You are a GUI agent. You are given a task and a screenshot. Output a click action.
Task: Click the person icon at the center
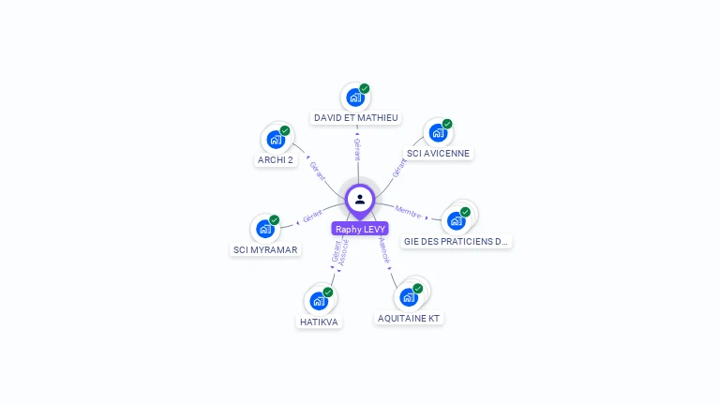tap(360, 199)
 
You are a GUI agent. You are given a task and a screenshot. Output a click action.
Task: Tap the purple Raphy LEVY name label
tap(360, 229)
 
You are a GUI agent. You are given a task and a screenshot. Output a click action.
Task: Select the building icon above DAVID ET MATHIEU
tap(355, 97)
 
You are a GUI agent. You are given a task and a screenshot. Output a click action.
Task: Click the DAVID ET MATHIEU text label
tap(356, 118)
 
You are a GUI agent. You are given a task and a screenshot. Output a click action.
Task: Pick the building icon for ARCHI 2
tap(276, 140)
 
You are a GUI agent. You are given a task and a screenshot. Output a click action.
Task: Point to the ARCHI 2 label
tap(276, 160)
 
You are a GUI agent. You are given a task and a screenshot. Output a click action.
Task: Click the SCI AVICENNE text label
tap(438, 153)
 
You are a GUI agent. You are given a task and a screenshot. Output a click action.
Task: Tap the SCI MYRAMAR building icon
tap(265, 229)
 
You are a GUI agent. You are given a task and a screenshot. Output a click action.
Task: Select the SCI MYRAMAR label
tap(265, 250)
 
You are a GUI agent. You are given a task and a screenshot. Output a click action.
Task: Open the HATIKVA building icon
tap(319, 301)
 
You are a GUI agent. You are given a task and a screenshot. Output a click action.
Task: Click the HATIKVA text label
tap(319, 322)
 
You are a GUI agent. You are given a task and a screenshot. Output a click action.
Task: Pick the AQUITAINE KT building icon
tap(409, 297)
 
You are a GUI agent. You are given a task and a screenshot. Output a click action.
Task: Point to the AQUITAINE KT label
tap(409, 319)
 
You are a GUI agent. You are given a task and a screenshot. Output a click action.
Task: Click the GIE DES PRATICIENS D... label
tap(456, 241)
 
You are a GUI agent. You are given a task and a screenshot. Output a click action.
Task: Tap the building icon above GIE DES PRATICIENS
tap(457, 220)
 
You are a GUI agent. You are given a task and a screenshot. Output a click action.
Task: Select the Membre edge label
tap(408, 211)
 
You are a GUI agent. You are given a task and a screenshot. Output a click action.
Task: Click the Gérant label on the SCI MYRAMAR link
tap(312, 217)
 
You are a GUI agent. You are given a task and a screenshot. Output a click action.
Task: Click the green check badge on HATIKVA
tap(328, 292)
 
